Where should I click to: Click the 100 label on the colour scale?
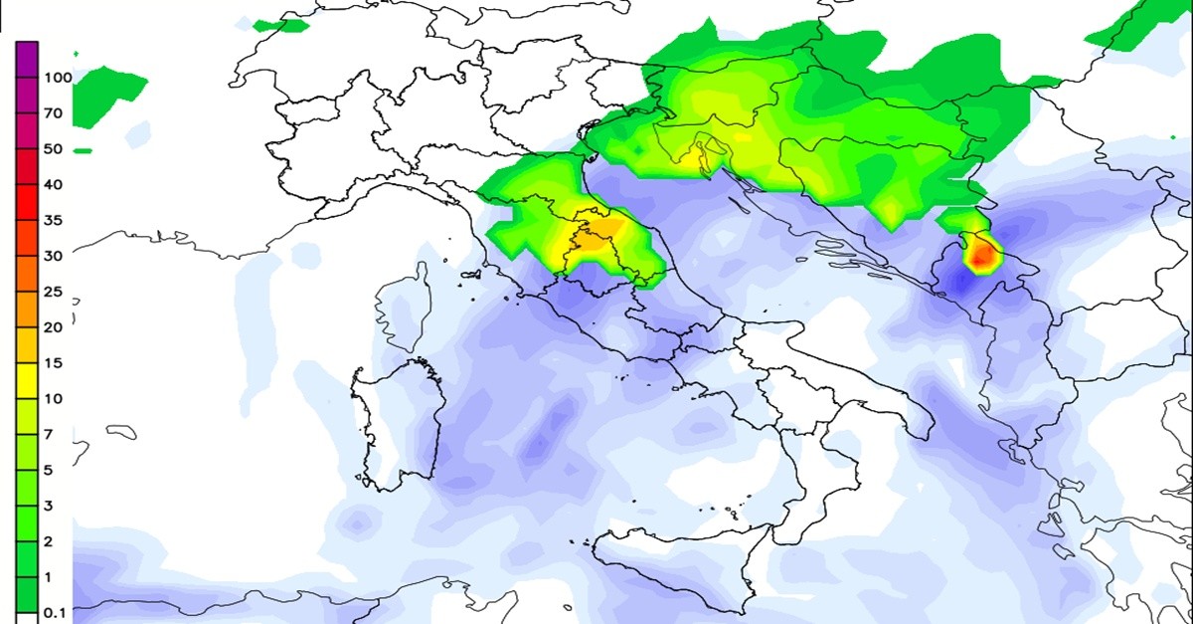(x=57, y=78)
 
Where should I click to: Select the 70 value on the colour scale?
(x=53, y=113)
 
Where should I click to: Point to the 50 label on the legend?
(x=53, y=149)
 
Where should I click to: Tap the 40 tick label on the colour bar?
(x=53, y=184)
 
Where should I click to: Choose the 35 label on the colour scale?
(x=53, y=220)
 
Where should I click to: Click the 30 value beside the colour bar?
(x=53, y=256)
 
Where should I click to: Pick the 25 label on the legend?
(x=53, y=292)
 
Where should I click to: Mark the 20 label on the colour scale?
(x=53, y=327)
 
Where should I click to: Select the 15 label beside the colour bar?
(x=53, y=363)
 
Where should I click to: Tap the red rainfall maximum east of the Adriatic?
(x=982, y=257)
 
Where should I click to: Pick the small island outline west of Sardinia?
(x=121, y=432)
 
